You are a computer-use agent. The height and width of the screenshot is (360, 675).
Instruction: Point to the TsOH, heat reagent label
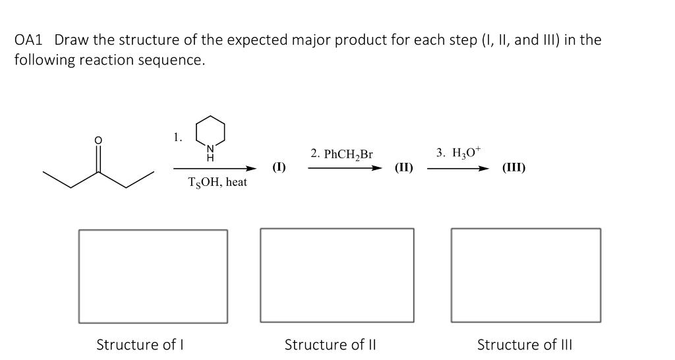pos(218,183)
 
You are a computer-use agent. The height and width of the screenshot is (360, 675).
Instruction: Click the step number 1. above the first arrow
pos(177,137)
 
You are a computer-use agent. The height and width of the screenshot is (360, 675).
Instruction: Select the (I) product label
pos(279,167)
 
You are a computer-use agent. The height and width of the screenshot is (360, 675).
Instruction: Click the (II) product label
pos(403,167)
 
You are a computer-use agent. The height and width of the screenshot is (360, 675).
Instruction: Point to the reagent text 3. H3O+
pos(459,153)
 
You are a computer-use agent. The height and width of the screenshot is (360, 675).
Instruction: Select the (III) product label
pos(514,167)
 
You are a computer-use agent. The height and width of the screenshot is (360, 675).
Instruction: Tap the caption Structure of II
pos(330,344)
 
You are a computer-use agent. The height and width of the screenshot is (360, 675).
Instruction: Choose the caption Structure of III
pos(525,344)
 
